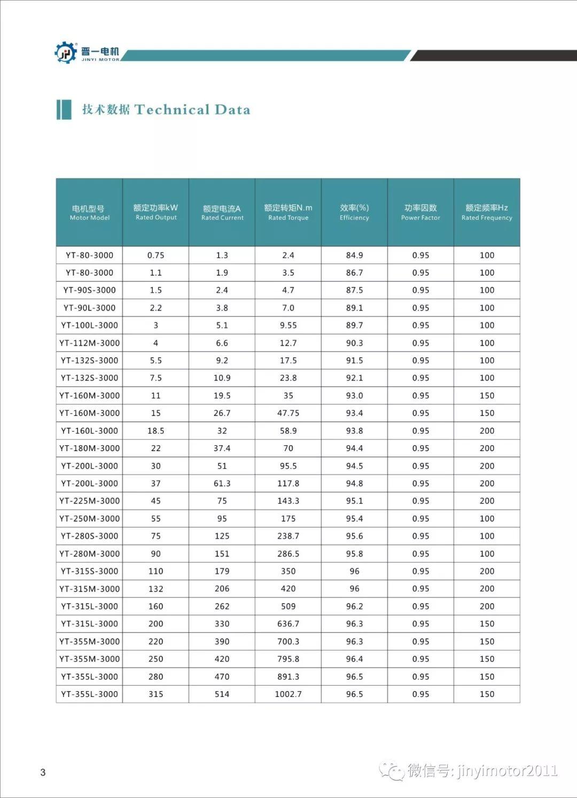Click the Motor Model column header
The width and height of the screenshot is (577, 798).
(x=89, y=212)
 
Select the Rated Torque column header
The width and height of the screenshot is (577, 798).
(x=288, y=212)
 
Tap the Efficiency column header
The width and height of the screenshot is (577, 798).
(x=354, y=212)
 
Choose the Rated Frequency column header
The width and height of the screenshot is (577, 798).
(x=487, y=212)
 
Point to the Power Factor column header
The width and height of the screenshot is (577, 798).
(x=420, y=212)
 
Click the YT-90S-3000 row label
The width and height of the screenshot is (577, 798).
(x=89, y=290)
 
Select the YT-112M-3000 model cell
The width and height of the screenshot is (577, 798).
(x=89, y=343)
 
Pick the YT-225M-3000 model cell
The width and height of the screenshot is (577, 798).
(x=89, y=501)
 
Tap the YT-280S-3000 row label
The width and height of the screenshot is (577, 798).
(x=89, y=536)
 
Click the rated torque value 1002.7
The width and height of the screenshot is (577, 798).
(x=288, y=694)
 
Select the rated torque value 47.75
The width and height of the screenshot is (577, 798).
(x=288, y=413)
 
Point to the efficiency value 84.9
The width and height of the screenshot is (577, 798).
(x=354, y=255)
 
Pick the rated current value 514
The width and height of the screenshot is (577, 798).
(x=222, y=694)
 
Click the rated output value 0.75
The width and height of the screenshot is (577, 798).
(x=155, y=255)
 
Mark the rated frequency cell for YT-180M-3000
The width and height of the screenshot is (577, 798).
(x=487, y=448)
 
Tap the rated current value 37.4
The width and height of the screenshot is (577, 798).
(x=222, y=448)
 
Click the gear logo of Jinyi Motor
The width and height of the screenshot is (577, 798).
(x=66, y=52)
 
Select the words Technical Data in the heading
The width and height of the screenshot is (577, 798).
(x=192, y=110)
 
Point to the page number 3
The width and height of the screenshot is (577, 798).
(x=43, y=772)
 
